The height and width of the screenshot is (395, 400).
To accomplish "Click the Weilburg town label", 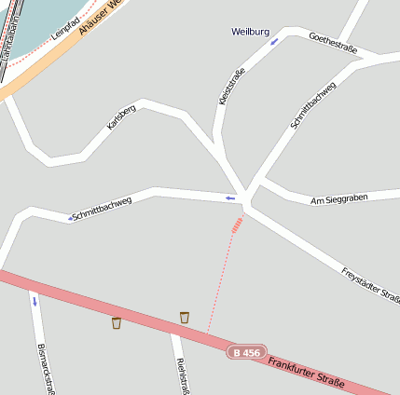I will (250, 32).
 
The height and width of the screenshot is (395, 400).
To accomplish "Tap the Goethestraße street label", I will (333, 44).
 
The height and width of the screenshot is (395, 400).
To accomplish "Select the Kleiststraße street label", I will (231, 87).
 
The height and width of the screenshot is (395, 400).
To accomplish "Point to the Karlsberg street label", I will (121, 117).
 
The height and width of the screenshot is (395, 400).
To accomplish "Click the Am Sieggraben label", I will (339, 199).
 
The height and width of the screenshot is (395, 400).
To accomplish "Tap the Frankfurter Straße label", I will (305, 371).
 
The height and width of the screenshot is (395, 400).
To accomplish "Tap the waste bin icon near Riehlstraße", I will (185, 318).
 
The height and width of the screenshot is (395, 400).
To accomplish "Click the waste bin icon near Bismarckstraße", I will (117, 323).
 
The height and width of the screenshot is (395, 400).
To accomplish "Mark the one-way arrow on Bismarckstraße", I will (34, 301).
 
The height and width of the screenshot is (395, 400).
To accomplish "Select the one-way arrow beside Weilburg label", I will (274, 41).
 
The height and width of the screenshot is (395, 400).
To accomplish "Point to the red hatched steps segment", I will (238, 224).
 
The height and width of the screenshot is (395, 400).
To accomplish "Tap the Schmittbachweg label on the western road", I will (102, 209).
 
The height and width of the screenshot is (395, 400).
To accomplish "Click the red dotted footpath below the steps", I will (220, 279).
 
